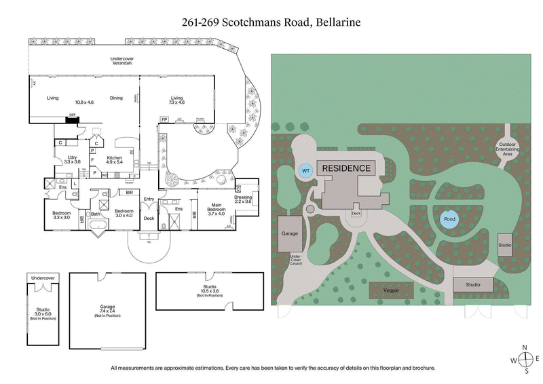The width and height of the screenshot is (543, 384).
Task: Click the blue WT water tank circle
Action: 306,170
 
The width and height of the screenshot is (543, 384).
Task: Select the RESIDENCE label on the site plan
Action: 346,168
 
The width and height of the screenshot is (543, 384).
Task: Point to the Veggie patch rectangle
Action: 390,290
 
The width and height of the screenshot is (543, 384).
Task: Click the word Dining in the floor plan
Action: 116,98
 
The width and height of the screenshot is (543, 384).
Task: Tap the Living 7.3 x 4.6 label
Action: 177,100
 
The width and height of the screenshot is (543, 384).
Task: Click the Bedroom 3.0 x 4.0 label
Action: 124,214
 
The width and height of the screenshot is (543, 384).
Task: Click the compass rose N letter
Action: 525,347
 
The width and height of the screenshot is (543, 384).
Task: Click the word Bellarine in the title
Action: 337,22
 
